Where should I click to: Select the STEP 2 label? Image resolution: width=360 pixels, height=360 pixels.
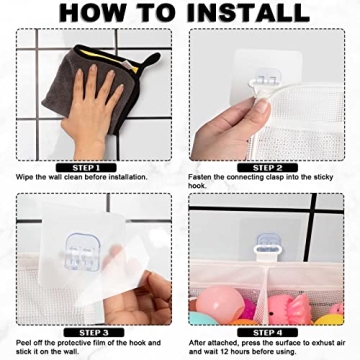point(267,167)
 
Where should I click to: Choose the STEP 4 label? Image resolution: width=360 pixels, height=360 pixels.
point(267,331)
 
